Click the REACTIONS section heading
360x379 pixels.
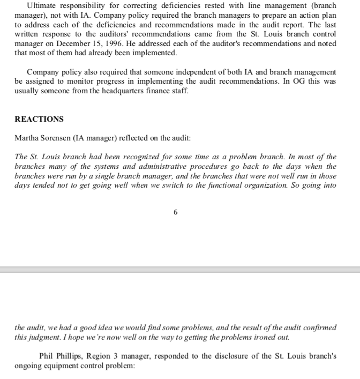pos(39,119)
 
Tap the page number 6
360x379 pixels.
pos(175,212)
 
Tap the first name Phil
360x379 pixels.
pos(48,355)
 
